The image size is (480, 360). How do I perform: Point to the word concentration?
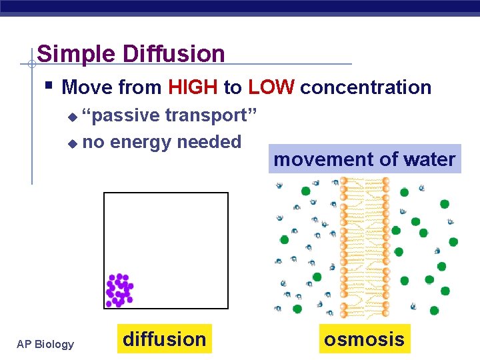(366, 87)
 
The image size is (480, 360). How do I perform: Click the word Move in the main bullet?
(87, 87)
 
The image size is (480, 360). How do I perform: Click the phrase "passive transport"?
(169, 115)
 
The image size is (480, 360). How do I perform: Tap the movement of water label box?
(365, 159)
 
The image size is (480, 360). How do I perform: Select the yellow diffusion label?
(165, 339)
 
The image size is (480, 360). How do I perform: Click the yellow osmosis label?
(364, 339)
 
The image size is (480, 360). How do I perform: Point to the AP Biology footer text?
(45, 344)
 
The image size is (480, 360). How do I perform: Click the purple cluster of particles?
(119, 290)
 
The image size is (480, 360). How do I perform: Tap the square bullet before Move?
(50, 86)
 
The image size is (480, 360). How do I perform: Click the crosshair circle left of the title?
(31, 64)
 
